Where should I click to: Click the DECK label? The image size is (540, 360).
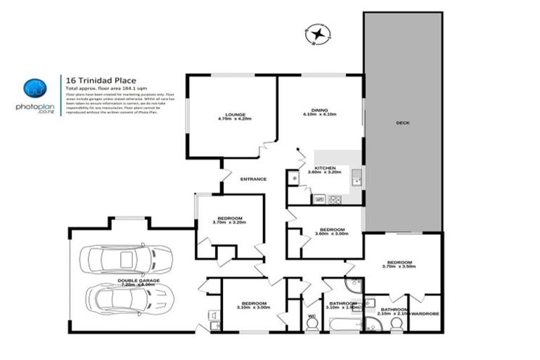[402, 123]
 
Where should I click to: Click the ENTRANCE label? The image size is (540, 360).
[254, 179]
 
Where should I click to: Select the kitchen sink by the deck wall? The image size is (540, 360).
[357, 178]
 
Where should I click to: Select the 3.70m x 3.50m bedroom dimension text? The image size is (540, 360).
[399, 267]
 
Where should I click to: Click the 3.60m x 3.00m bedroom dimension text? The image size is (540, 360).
[332, 235]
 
